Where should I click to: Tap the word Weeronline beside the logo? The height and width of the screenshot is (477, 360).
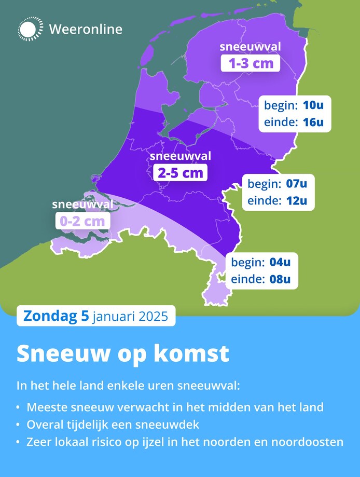[x=86, y=29]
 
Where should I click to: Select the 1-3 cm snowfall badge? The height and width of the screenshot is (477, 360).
[x=251, y=63]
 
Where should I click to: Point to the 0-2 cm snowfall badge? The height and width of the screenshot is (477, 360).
[x=83, y=221]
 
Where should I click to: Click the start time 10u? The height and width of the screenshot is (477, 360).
[x=313, y=106]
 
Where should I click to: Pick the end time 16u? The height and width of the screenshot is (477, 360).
[x=313, y=122]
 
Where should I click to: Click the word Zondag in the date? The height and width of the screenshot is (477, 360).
[x=49, y=316]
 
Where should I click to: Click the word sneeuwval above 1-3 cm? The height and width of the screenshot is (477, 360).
[x=251, y=47]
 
